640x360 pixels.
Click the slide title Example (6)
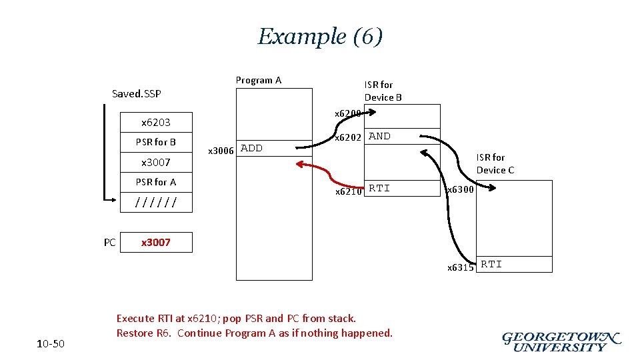320,36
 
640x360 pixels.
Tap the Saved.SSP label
137,93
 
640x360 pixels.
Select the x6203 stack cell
155,122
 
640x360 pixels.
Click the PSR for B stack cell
155,142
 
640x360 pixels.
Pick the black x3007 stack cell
155,162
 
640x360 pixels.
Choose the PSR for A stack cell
155,182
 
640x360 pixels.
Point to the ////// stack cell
155,202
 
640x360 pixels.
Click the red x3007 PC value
155,243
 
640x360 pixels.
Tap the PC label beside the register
110,243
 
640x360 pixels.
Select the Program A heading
259,80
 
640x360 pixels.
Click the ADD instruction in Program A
251,148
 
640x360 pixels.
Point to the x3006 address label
221,151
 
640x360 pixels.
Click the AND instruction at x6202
380,136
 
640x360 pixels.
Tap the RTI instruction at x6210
380,189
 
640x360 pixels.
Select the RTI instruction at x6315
492,265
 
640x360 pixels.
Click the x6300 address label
460,190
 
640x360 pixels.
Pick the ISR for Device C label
495,163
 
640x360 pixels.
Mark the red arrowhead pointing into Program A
299,164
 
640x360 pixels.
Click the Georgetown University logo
561,341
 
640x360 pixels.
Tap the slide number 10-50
51,344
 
